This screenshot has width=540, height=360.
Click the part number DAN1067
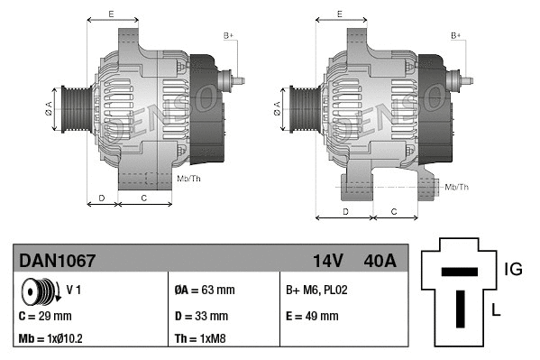coord(58,261)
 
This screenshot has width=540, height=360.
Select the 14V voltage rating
coord(327,261)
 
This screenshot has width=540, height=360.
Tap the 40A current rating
coord(379,261)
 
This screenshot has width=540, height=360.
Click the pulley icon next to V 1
coord(38,291)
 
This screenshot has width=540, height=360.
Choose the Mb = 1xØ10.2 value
coord(51,340)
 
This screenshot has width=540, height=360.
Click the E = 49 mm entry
coord(312,316)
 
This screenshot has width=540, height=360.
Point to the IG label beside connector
coord(512,268)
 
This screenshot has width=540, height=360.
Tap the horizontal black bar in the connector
coord(460,271)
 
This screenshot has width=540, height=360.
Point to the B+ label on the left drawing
coord(228,35)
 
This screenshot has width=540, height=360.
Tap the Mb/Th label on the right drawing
coord(457,187)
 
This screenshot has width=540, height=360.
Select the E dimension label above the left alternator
coord(110,14)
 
